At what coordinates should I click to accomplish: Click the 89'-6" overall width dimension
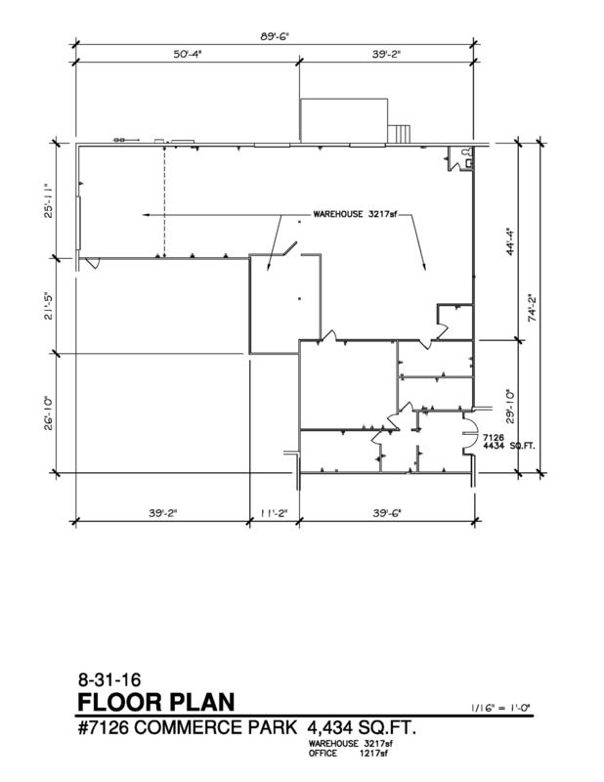[x=275, y=36]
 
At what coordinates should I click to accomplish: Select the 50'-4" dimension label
[x=187, y=54]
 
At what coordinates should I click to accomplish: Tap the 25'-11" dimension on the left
[x=49, y=200]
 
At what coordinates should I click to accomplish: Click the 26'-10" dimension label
[x=49, y=413]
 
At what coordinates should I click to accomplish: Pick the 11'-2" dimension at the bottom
[x=274, y=512]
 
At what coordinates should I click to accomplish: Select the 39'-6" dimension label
[x=387, y=512]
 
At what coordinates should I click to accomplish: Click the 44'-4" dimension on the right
[x=509, y=242]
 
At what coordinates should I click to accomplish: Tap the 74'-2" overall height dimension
[x=533, y=307]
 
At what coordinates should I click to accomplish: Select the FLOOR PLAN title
[x=156, y=702]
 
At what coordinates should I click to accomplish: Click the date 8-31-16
[x=109, y=679]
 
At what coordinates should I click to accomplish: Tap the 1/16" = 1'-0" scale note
[x=500, y=707]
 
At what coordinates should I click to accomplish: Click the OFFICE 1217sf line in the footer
[x=348, y=753]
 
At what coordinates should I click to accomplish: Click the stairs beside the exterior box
[x=400, y=133]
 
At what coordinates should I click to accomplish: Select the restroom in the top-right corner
[x=460, y=158]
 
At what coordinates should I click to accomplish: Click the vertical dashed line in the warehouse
[x=164, y=200]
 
